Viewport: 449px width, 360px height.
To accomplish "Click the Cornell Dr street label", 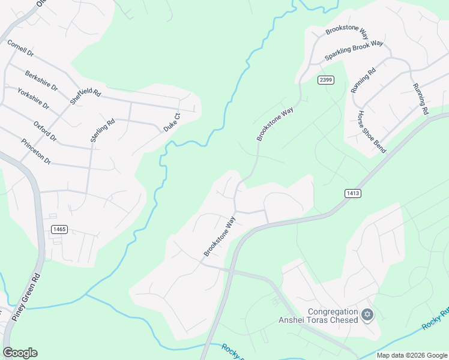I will (x=20, y=48).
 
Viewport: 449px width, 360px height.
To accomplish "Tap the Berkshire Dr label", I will (x=41, y=80).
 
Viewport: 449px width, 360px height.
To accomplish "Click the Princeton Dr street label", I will (x=35, y=152).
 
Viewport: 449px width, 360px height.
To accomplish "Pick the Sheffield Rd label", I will (x=85, y=94).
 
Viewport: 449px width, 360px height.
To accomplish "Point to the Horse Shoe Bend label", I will (x=372, y=131).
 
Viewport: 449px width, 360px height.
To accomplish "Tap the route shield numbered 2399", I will (x=326, y=80).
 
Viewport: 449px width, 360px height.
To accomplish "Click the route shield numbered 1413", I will (x=353, y=193).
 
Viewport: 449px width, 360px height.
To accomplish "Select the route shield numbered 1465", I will (x=59, y=229).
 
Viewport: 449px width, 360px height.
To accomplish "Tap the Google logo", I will (x=20, y=353).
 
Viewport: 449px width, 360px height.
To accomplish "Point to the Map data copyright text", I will (x=411, y=355).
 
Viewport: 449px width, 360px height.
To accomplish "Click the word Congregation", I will (x=333, y=311).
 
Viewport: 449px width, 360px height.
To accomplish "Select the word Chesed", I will (x=343, y=320).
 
